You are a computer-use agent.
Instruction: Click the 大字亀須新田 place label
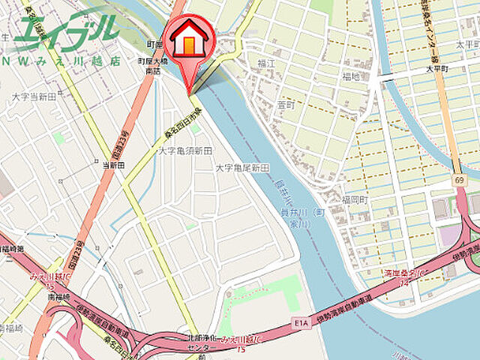(184, 151)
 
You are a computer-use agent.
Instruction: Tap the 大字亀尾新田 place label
(241, 168)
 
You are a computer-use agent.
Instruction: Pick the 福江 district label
(266, 64)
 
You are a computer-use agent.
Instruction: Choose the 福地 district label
(351, 76)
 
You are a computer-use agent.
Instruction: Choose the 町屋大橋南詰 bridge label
(153, 64)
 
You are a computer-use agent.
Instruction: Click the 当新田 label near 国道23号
(113, 164)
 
